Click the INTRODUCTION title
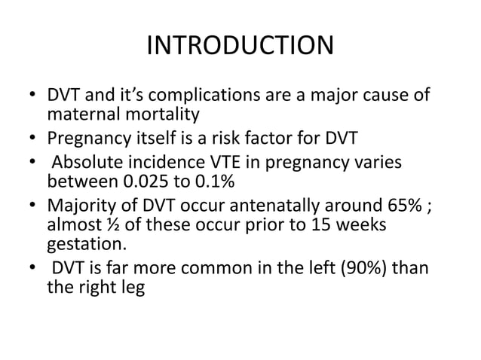click(240, 47)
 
